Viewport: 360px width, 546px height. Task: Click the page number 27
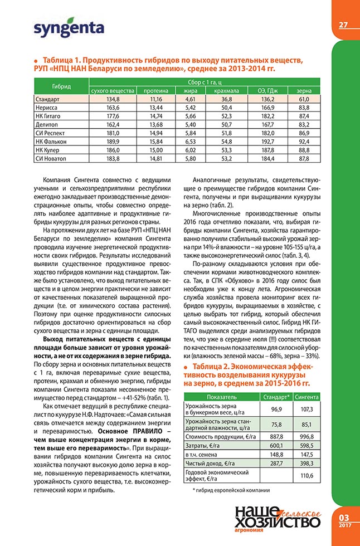(343, 24)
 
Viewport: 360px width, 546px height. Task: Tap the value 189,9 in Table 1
(112, 142)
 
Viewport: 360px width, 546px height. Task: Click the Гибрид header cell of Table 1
(61, 86)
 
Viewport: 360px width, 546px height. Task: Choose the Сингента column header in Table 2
(307, 397)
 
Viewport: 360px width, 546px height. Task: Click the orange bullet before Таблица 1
(36, 60)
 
